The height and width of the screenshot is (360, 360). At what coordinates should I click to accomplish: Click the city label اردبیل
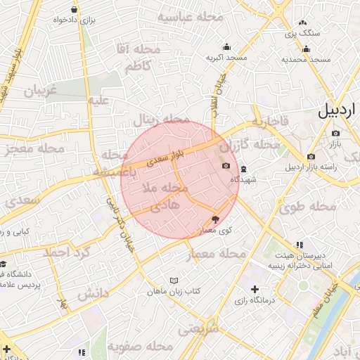click(x=337, y=110)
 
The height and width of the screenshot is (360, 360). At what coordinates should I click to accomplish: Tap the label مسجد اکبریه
click(x=226, y=58)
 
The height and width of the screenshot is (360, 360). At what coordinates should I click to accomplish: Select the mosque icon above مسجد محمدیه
click(x=307, y=49)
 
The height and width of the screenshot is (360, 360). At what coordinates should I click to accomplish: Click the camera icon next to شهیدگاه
click(x=226, y=166)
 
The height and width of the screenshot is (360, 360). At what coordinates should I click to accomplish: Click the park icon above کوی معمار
click(x=215, y=219)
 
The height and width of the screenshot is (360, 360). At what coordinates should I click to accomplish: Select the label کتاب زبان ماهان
click(x=174, y=290)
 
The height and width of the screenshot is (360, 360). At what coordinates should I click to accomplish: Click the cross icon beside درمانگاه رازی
click(x=255, y=289)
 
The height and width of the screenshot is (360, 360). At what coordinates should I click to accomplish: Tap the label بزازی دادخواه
click(x=74, y=20)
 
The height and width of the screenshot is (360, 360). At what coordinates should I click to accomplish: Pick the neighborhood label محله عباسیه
click(x=190, y=17)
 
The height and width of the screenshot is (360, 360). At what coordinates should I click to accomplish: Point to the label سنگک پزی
click(x=302, y=33)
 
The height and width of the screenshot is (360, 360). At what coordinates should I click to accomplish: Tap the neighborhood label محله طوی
click(x=307, y=207)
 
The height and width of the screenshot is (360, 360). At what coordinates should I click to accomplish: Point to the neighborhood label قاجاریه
click(x=270, y=123)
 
